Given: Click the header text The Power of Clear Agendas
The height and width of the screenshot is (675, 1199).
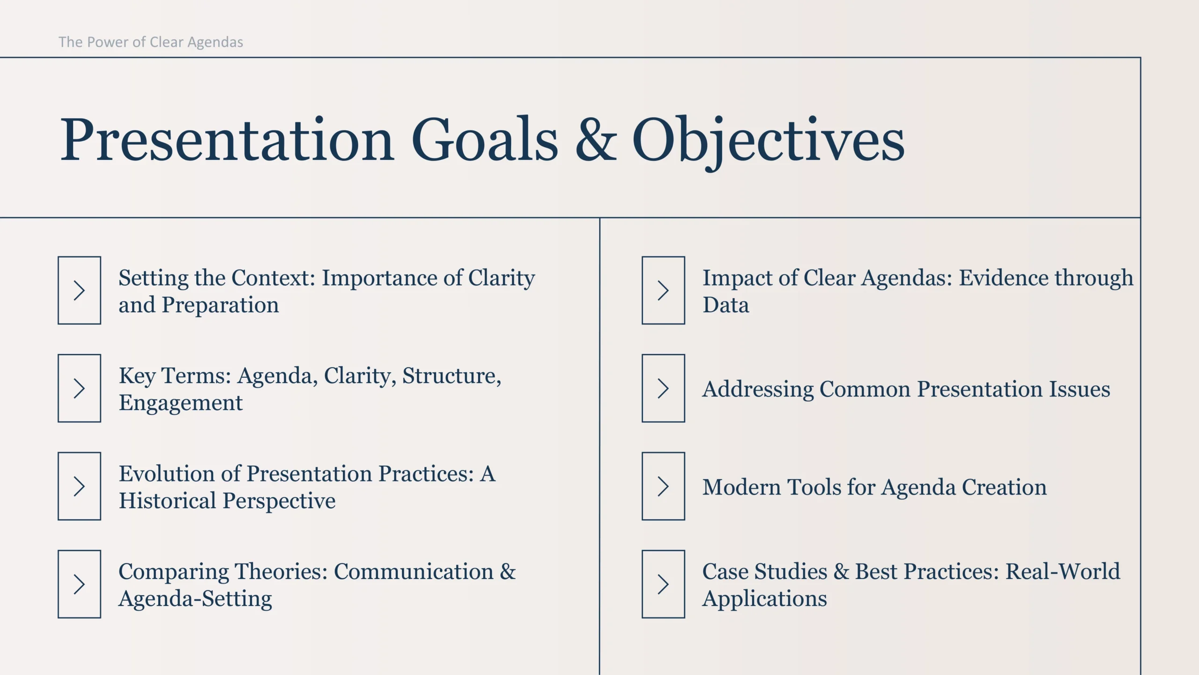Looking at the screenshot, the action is click(151, 42).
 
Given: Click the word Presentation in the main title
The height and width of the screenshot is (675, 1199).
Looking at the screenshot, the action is click(227, 139).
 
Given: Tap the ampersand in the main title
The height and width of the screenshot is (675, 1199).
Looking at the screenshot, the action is click(596, 139).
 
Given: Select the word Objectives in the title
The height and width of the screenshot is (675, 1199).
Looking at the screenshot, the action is click(769, 143).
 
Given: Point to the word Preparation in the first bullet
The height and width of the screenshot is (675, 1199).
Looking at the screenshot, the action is click(220, 306).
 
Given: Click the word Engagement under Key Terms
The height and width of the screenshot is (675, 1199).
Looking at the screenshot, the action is click(181, 404).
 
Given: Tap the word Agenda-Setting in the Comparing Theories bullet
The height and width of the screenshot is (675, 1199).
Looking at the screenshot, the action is click(195, 600).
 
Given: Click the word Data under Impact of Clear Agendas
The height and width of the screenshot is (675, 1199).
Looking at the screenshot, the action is click(726, 305).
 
